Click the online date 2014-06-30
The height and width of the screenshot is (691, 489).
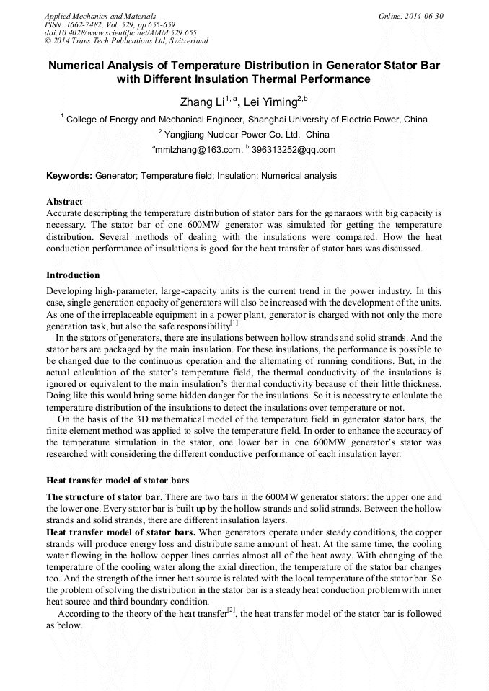coord(423,15)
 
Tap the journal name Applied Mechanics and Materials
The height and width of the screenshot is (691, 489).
coord(100,15)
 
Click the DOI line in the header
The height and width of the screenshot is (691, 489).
coord(120,32)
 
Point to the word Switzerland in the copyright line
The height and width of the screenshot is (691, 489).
coord(185,41)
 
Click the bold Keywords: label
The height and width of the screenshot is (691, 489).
coord(69,175)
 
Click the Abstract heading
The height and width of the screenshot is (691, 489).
coord(64,201)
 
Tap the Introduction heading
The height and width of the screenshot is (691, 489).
coord(73,275)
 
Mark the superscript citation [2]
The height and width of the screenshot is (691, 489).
coord(232,610)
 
